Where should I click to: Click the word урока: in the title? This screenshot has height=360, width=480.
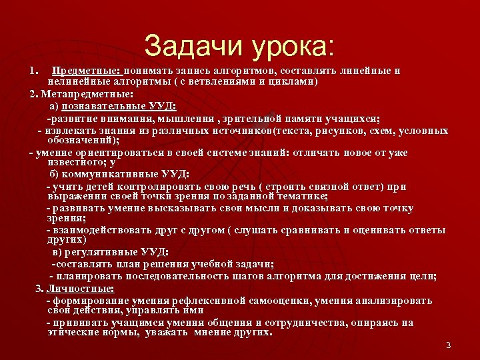292,47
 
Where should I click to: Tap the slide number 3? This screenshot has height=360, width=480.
448,345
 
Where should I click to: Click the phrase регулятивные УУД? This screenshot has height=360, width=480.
117,253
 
